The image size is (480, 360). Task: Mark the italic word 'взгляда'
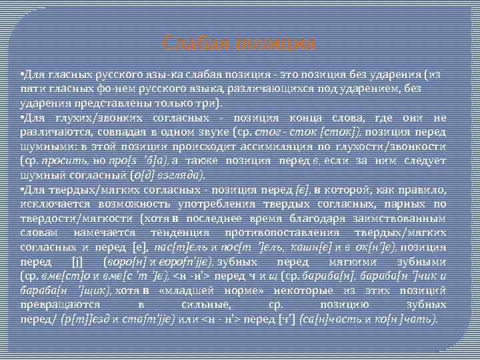[x=185, y=176]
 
